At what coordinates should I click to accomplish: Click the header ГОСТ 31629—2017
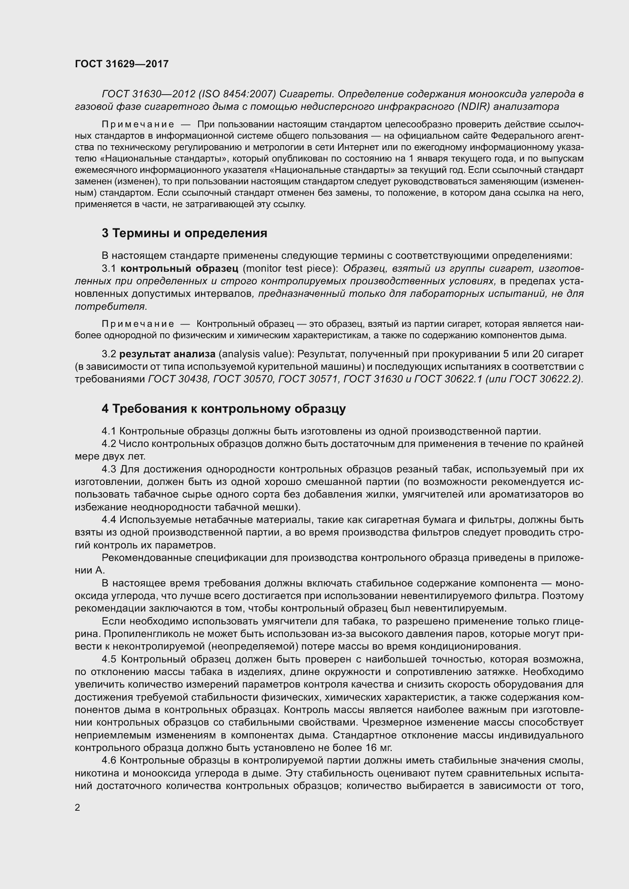pyautogui.click(x=122, y=64)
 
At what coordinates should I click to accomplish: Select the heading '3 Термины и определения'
pyautogui.click(x=184, y=233)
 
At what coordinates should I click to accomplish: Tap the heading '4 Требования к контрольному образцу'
pyautogui.click(x=224, y=409)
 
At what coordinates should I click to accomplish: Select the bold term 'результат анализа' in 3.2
pyautogui.click(x=167, y=354)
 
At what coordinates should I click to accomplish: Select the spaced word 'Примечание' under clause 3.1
pyautogui.click(x=138, y=324)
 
